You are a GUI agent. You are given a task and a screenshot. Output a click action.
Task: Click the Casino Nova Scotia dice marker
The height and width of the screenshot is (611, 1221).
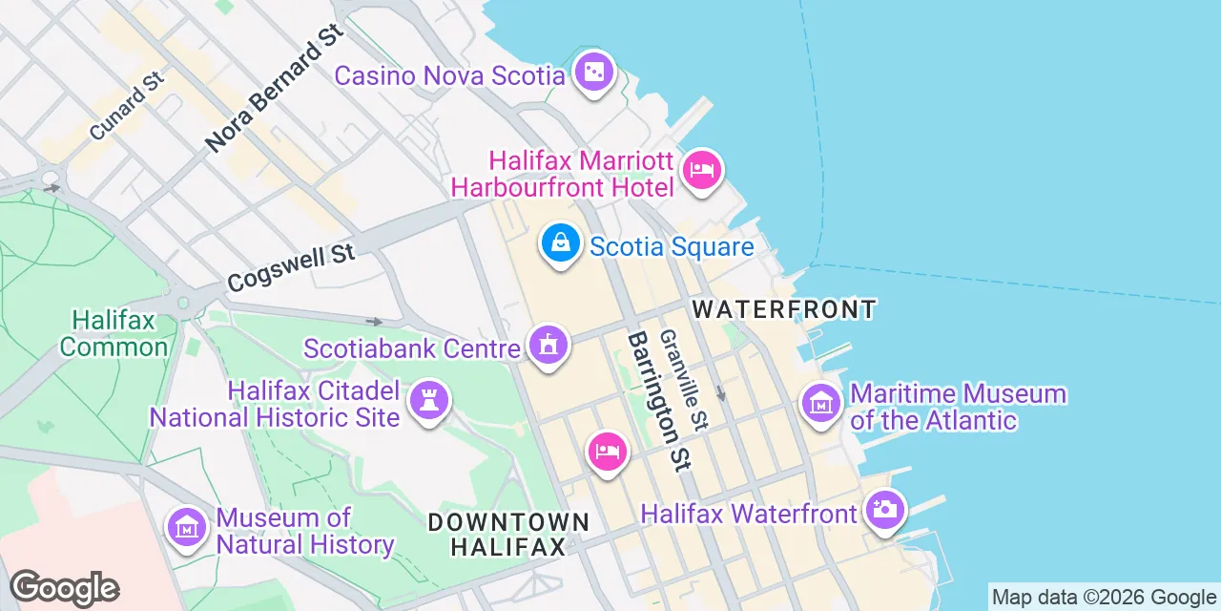[x=594, y=72]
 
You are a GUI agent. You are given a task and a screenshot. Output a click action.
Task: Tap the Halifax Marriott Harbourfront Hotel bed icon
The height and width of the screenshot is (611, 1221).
[x=701, y=171]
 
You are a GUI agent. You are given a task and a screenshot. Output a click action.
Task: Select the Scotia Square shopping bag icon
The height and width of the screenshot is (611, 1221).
[x=561, y=243]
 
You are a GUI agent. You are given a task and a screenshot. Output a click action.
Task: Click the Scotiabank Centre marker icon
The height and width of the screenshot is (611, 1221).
[x=548, y=345]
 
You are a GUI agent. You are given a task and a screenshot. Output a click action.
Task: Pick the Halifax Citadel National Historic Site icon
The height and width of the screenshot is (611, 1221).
[x=428, y=401]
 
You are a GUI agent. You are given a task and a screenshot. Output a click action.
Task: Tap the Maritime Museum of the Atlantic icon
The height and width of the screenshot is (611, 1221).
[x=821, y=404]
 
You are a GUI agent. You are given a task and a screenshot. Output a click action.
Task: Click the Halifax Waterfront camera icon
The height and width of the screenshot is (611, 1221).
[x=884, y=510]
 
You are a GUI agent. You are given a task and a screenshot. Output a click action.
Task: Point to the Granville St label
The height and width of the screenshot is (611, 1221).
[x=684, y=380]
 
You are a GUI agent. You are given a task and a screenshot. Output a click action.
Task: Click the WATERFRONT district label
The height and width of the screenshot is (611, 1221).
[x=784, y=309]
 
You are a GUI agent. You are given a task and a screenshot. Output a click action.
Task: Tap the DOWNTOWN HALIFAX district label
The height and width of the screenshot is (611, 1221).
[x=508, y=535]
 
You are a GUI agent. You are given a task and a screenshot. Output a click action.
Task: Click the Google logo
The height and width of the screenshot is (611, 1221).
[x=64, y=588]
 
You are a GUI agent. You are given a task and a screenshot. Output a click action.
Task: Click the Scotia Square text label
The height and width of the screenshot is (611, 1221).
[x=672, y=247]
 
